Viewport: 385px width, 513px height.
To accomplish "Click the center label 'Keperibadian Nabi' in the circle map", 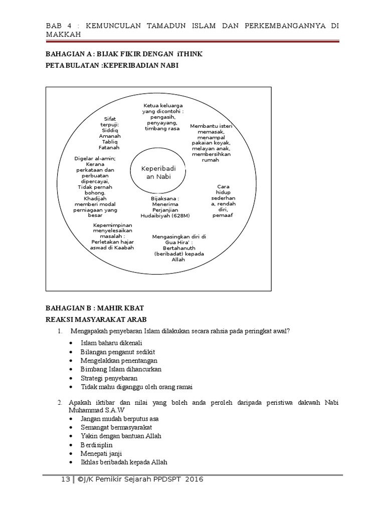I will pos(158,172).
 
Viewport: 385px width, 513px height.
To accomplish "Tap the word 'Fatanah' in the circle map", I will pos(110,148).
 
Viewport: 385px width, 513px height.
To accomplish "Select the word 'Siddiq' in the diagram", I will pos(110,130).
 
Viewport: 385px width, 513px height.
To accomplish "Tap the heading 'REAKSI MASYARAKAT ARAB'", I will pos(96,320).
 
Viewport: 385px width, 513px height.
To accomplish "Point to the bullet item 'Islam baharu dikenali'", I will pos(111,343).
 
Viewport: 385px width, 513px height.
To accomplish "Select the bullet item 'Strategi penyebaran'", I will pos(109,378).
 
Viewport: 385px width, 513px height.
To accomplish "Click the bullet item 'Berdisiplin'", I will pos(96,445).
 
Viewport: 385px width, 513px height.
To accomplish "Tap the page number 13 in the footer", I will pos(65,479).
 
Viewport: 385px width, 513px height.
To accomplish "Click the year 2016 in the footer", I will pos(194,479).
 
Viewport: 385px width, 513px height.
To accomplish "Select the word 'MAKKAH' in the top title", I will pos(62,34).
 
